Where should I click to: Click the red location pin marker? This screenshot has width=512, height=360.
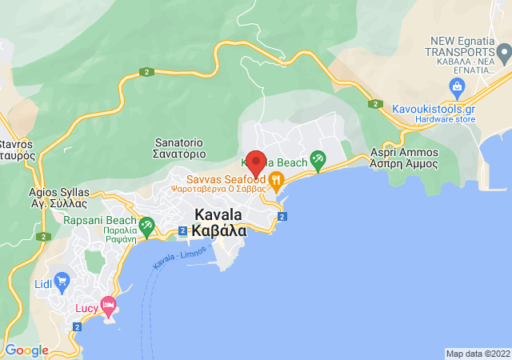tap(256, 163)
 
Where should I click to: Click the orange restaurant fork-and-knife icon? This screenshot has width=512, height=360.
tap(276, 180)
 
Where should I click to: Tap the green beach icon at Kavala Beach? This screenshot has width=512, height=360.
tap(318, 160)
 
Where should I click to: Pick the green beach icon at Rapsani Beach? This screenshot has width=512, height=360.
tap(146, 228)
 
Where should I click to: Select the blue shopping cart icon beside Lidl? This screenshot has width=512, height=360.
tap(63, 281)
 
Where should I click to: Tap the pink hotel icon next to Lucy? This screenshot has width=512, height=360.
tap(109, 306)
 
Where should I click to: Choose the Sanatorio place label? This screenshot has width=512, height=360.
tap(180, 147)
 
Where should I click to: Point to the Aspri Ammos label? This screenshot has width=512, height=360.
tap(404, 158)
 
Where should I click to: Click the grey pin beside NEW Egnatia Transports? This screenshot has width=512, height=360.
tap(503, 54)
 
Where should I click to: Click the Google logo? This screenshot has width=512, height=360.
tap(26, 350)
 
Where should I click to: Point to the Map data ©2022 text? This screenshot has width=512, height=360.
tap(477, 354)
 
